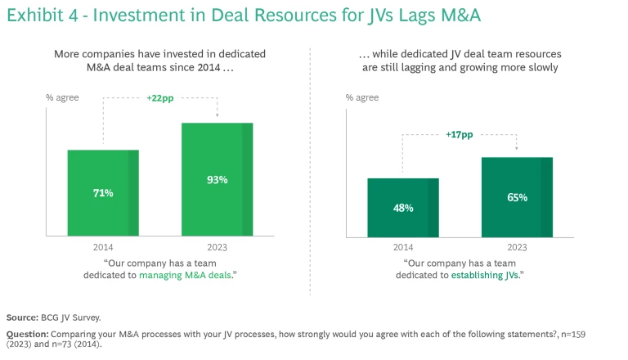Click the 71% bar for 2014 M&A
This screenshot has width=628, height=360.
[102, 193]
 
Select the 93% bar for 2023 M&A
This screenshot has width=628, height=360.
[217, 179]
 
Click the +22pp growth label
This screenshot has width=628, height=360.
[161, 98]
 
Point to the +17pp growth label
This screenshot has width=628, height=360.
[460, 135]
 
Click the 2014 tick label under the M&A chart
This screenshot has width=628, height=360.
[102, 246]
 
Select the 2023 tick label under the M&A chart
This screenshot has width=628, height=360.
[217, 246]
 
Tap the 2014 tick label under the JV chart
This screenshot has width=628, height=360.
[402, 246]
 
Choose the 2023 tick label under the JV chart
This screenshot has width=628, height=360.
[517, 246]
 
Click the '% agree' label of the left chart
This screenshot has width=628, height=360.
[62, 98]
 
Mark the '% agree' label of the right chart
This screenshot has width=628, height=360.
[362, 98]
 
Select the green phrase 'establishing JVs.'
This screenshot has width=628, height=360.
[487, 276]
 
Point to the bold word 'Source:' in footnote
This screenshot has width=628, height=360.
[22, 317]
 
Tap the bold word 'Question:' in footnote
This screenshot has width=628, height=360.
[27, 334]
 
